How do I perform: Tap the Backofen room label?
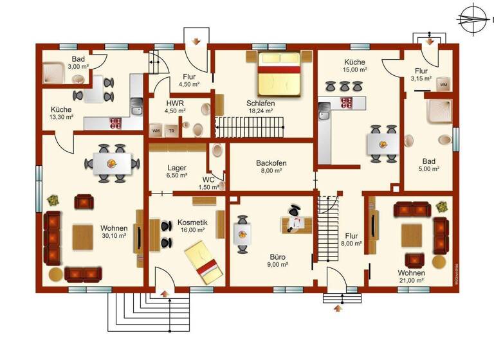coord(271,163)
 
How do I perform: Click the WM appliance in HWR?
coord(156,130)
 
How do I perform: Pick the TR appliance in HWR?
coord(172,130)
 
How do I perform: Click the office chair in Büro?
coord(294,210)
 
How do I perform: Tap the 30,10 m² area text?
coord(113,236)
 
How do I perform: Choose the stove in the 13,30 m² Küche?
coord(116,122)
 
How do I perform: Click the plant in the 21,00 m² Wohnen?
coord(441,206)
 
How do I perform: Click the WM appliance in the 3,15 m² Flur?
coord(443,84)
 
